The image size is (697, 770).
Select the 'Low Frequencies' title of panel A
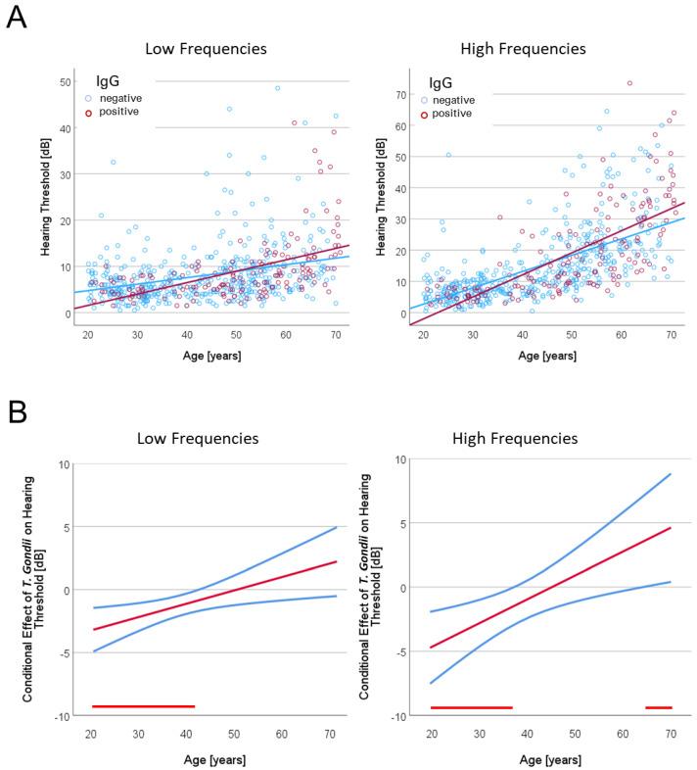207,48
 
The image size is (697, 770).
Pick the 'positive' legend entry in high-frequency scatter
458,114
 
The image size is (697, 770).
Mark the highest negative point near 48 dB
278,88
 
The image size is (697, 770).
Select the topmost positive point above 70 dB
629,83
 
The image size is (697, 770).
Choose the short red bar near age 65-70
658,707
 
